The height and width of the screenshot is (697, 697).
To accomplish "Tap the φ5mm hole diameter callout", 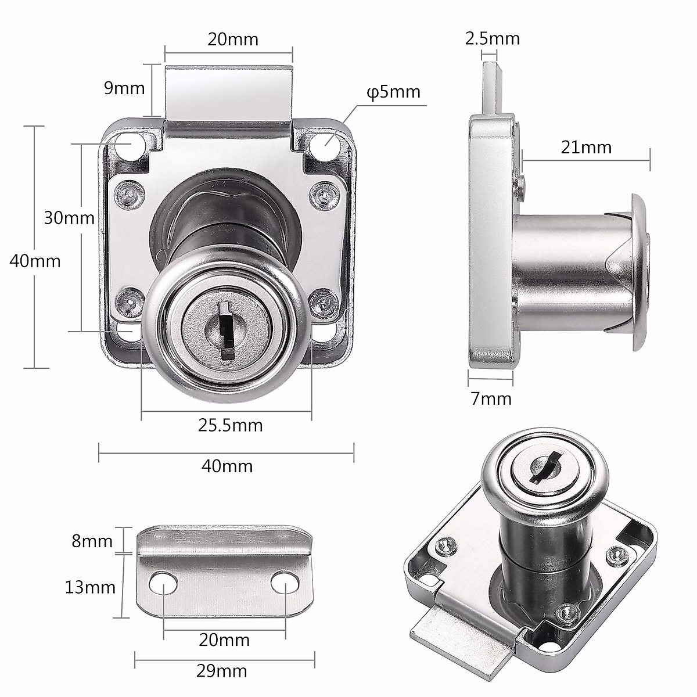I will pyautogui.click(x=393, y=92).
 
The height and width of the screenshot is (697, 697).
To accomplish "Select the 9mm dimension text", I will pyautogui.click(x=124, y=88).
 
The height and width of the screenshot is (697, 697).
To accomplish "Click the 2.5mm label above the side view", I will pyautogui.click(x=492, y=39).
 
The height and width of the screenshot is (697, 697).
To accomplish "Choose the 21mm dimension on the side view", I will pyautogui.click(x=586, y=148).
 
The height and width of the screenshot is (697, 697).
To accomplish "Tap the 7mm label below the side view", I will pyautogui.click(x=491, y=399).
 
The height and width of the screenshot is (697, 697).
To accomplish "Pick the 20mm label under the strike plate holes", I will pyautogui.click(x=224, y=640).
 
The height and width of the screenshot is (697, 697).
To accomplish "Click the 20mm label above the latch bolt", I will pyautogui.click(x=233, y=39).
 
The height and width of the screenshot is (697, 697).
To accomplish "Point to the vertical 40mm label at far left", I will pyautogui.click(x=35, y=261).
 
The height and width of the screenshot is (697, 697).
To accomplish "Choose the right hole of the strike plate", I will pyautogui.click(x=285, y=584).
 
